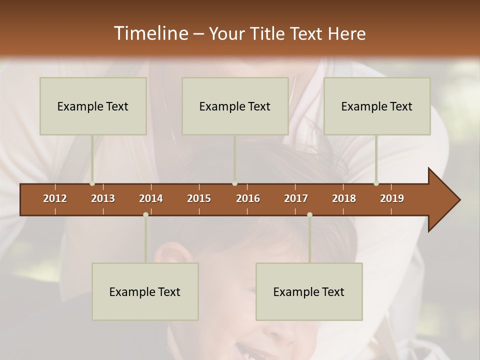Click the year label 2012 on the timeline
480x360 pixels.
(x=55, y=198)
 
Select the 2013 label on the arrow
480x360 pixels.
(x=103, y=198)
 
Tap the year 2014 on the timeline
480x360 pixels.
(x=151, y=198)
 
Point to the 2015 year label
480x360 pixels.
(x=199, y=198)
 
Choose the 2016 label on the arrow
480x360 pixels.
(x=248, y=198)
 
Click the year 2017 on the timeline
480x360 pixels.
(x=296, y=198)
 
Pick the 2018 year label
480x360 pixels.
(x=344, y=198)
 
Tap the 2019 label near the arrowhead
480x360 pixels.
(x=392, y=198)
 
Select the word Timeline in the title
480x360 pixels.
(x=150, y=33)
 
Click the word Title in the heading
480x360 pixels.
(x=269, y=33)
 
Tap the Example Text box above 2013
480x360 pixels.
(x=93, y=106)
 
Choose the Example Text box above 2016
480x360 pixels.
(x=235, y=106)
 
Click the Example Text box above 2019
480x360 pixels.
(x=377, y=106)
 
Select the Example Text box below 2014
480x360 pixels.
(x=145, y=291)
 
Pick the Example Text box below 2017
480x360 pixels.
(x=309, y=291)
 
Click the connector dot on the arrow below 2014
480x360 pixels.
(x=145, y=214)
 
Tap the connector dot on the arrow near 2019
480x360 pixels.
(x=376, y=183)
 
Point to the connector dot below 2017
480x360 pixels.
(x=309, y=214)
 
